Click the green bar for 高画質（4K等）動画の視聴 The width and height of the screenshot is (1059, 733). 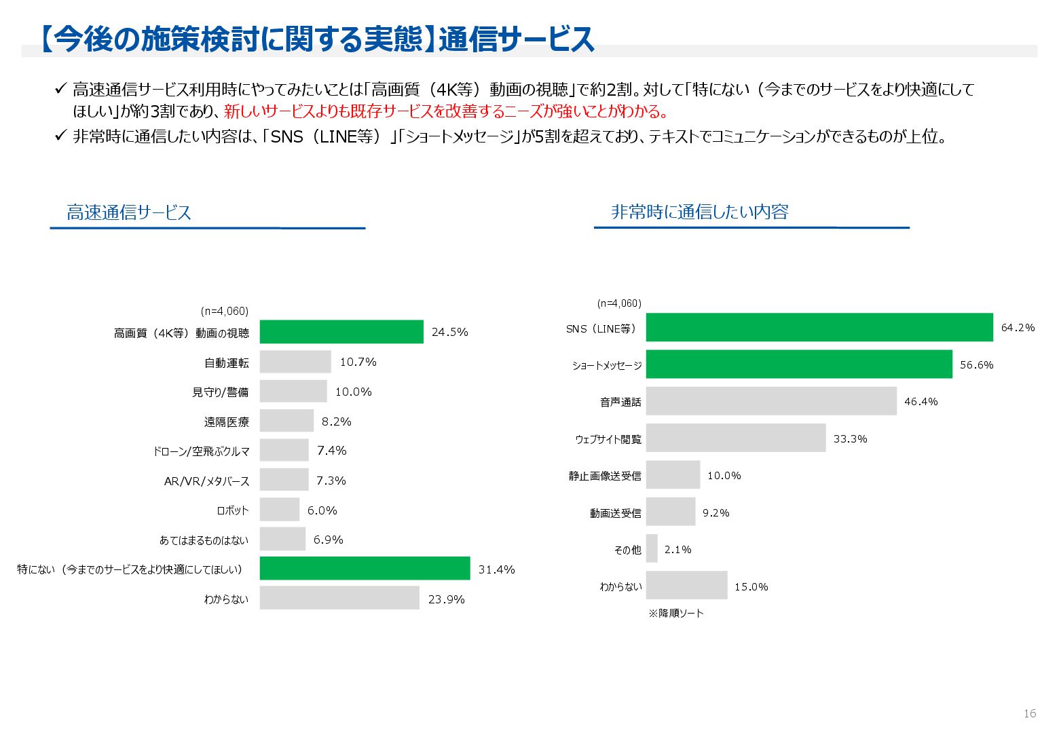(x=341, y=332)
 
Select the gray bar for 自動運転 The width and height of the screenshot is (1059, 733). (x=295, y=362)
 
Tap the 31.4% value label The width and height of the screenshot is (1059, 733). (x=496, y=569)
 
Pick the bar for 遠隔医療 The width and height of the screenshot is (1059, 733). (x=286, y=421)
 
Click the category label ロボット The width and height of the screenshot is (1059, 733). (x=233, y=510)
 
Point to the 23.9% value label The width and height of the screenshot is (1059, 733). (x=446, y=599)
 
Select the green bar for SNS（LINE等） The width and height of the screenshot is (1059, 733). (x=819, y=327)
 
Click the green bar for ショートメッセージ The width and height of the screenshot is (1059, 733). (x=798, y=364)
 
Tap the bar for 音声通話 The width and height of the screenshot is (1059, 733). (x=770, y=401)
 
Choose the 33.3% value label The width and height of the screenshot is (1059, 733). (x=850, y=438)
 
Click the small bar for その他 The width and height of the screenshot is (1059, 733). (x=652, y=548)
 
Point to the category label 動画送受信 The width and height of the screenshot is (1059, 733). (x=615, y=513)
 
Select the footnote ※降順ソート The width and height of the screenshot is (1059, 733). (x=675, y=613)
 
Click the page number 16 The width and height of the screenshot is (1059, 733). (x=1030, y=713)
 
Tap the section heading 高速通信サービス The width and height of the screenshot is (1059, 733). (x=129, y=212)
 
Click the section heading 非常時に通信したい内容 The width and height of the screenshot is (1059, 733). (x=699, y=212)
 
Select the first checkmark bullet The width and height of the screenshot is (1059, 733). (x=60, y=89)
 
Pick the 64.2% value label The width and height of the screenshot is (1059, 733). (x=1018, y=328)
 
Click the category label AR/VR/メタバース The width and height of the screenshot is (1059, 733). (x=206, y=481)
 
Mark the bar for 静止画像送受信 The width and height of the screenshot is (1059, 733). (x=673, y=475)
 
